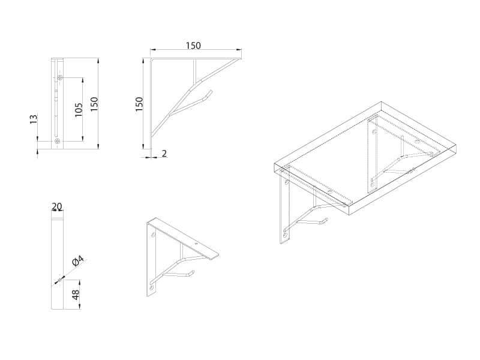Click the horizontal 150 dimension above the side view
193,46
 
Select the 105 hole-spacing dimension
79,110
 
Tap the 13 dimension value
34,119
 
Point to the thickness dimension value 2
164,153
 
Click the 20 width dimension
56,206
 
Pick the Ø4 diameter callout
78,260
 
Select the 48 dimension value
76,294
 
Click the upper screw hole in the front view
60,78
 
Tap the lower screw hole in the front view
57,141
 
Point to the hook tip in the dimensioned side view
211,91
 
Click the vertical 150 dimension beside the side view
139,104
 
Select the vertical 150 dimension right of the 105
94,104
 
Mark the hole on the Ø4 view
60,280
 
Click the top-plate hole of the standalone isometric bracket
196,244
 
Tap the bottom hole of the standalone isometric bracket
152,289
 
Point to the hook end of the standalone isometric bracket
193,272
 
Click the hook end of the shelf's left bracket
326,220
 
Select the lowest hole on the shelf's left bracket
286,235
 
